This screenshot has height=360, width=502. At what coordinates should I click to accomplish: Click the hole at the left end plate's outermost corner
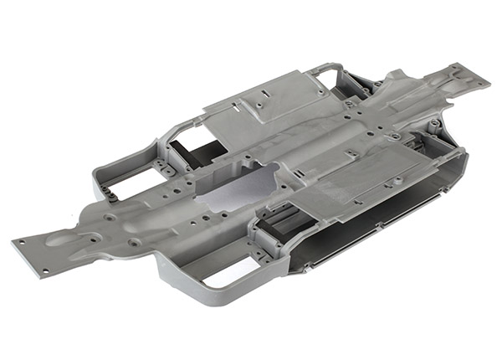[x=17, y=242]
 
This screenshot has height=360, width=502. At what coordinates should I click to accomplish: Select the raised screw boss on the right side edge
[x=434, y=126]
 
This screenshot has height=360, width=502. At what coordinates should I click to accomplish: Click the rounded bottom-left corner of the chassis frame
[x=167, y=285]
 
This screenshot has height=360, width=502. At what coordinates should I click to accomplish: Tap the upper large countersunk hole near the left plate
[x=110, y=217]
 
